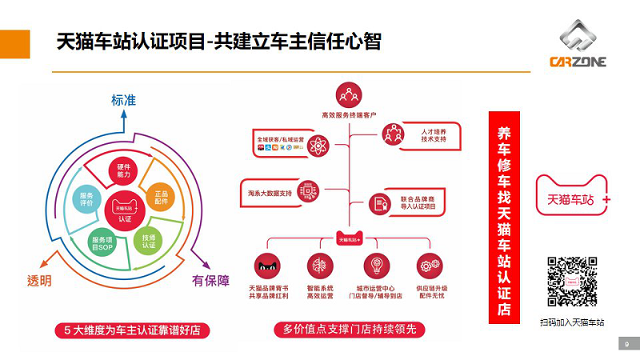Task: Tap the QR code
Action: point(572,282)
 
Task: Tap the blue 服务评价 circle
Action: point(86,198)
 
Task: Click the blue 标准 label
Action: point(123,100)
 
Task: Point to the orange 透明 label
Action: point(39,280)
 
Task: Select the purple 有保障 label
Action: point(210,281)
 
